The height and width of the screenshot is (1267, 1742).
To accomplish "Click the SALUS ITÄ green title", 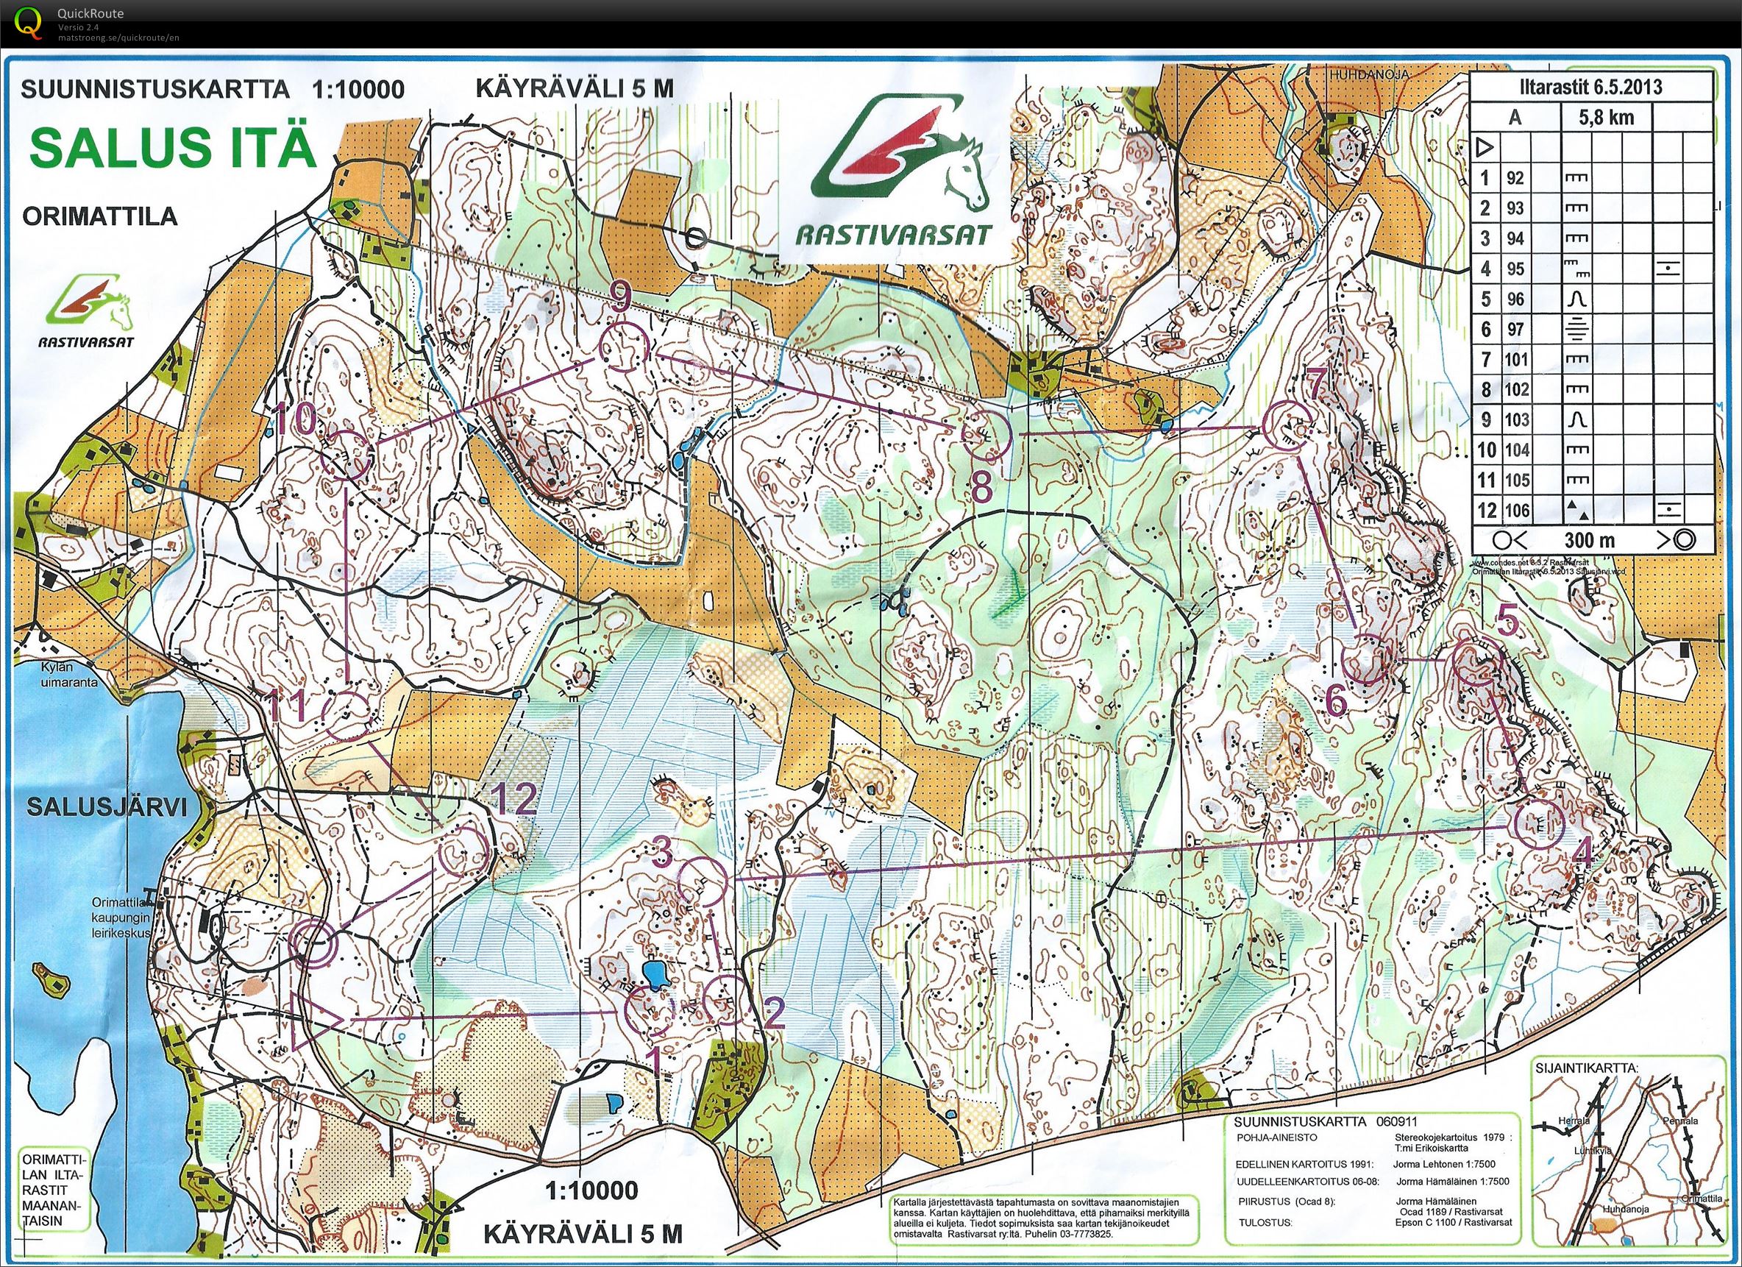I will (173, 147).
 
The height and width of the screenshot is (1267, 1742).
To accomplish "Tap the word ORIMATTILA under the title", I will (100, 216).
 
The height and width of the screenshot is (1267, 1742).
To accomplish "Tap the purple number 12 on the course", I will (513, 801).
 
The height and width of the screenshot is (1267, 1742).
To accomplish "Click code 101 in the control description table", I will (1517, 359).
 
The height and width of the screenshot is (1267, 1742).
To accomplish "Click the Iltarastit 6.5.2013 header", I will (1592, 87).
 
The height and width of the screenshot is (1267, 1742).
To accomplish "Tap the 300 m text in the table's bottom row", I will (1589, 539).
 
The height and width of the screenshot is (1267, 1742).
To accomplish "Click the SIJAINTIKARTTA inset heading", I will (1588, 1068).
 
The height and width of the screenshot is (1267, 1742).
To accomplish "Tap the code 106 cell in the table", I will (1517, 509).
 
